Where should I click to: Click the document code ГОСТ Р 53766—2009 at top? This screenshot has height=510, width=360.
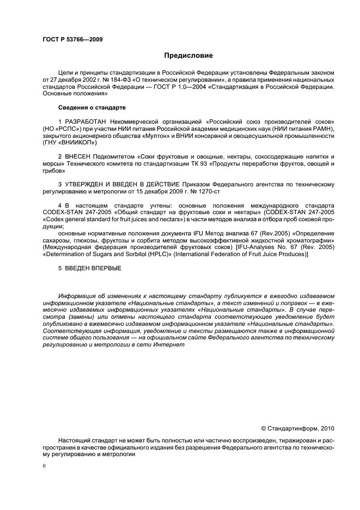point(72,39)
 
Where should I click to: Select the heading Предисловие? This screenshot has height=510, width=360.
point(188,56)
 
